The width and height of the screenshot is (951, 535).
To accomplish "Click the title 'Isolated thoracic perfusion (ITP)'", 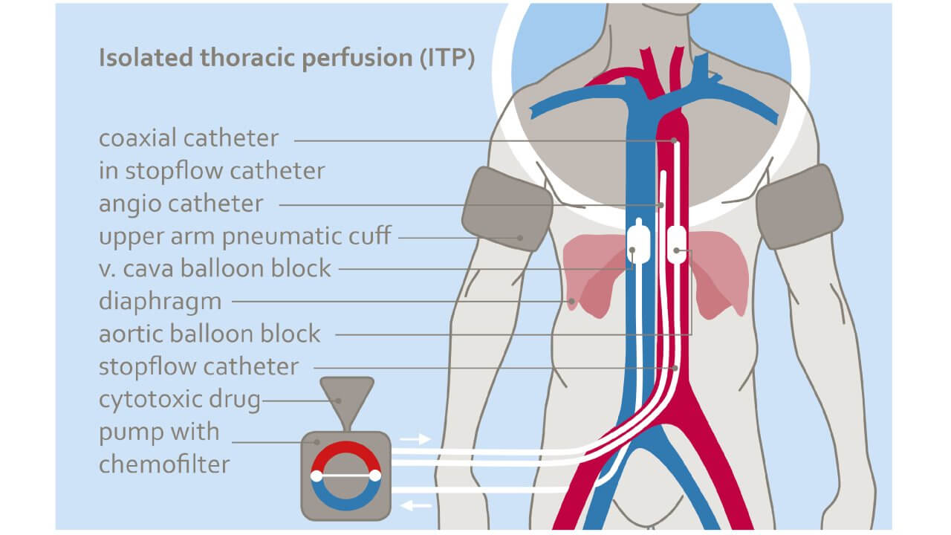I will [x=286, y=59].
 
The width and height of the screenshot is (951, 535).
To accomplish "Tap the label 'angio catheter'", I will [x=181, y=204].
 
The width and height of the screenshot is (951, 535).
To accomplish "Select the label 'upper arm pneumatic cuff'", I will [x=244, y=236].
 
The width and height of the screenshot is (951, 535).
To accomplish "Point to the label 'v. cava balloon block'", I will [x=215, y=267].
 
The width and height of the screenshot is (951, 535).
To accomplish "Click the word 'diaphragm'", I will [x=160, y=301].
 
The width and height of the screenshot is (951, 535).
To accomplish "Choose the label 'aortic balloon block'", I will [x=210, y=334].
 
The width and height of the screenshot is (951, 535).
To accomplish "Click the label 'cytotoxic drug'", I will [x=180, y=400].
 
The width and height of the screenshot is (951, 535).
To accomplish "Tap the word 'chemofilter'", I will [x=164, y=464].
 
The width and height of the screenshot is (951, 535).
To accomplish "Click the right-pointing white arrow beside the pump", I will [x=415, y=438].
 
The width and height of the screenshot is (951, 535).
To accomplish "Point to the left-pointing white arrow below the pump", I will [x=416, y=506].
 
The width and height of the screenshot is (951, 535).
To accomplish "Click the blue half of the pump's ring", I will [x=345, y=502].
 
